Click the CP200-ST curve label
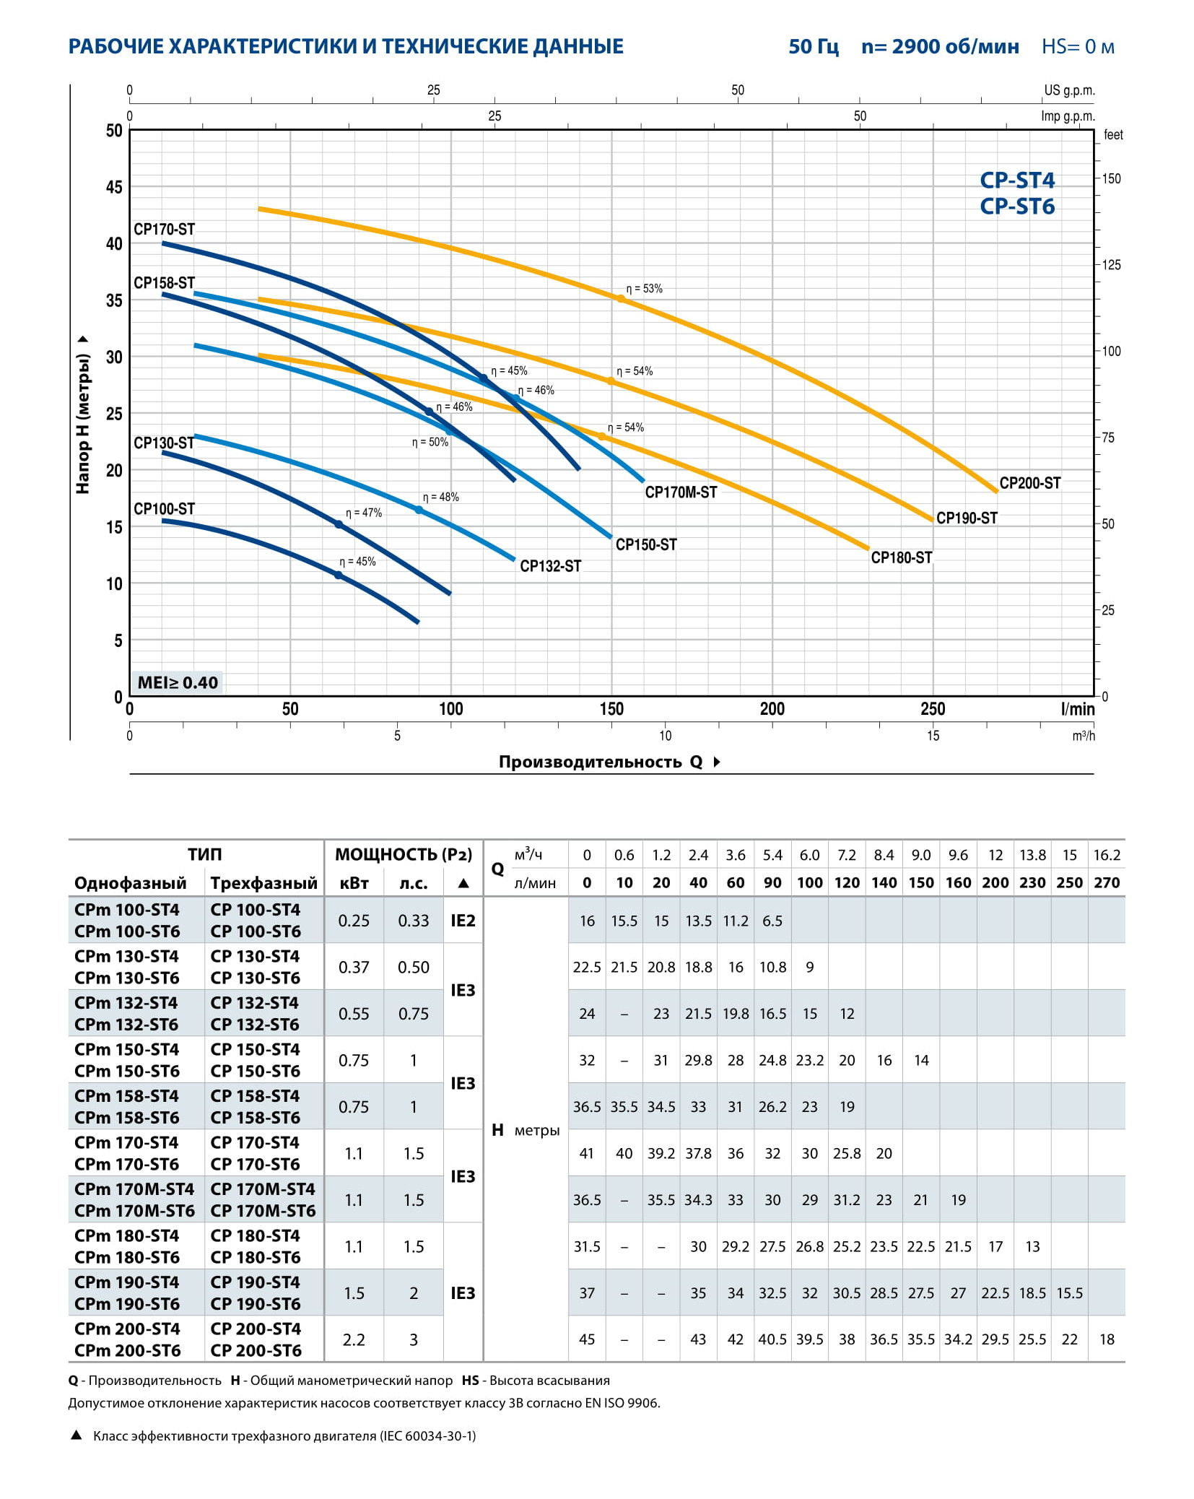click(1029, 483)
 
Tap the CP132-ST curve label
click(550, 566)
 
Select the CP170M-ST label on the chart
click(681, 492)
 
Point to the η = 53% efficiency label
click(644, 289)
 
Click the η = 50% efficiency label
click(430, 443)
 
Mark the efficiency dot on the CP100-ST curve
click(338, 575)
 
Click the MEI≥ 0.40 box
click(178, 682)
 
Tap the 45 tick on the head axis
click(114, 187)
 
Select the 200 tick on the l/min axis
click(772, 709)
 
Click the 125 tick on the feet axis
click(1111, 265)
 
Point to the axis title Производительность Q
click(600, 762)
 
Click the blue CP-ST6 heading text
click(1016, 207)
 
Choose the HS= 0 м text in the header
click(1078, 47)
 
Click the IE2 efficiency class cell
click(463, 921)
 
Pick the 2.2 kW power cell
click(354, 1339)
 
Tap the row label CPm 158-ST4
click(126, 1096)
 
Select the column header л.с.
click(413, 883)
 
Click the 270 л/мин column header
click(1106, 882)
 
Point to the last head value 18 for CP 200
click(1107, 1339)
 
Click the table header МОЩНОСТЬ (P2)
click(403, 855)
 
